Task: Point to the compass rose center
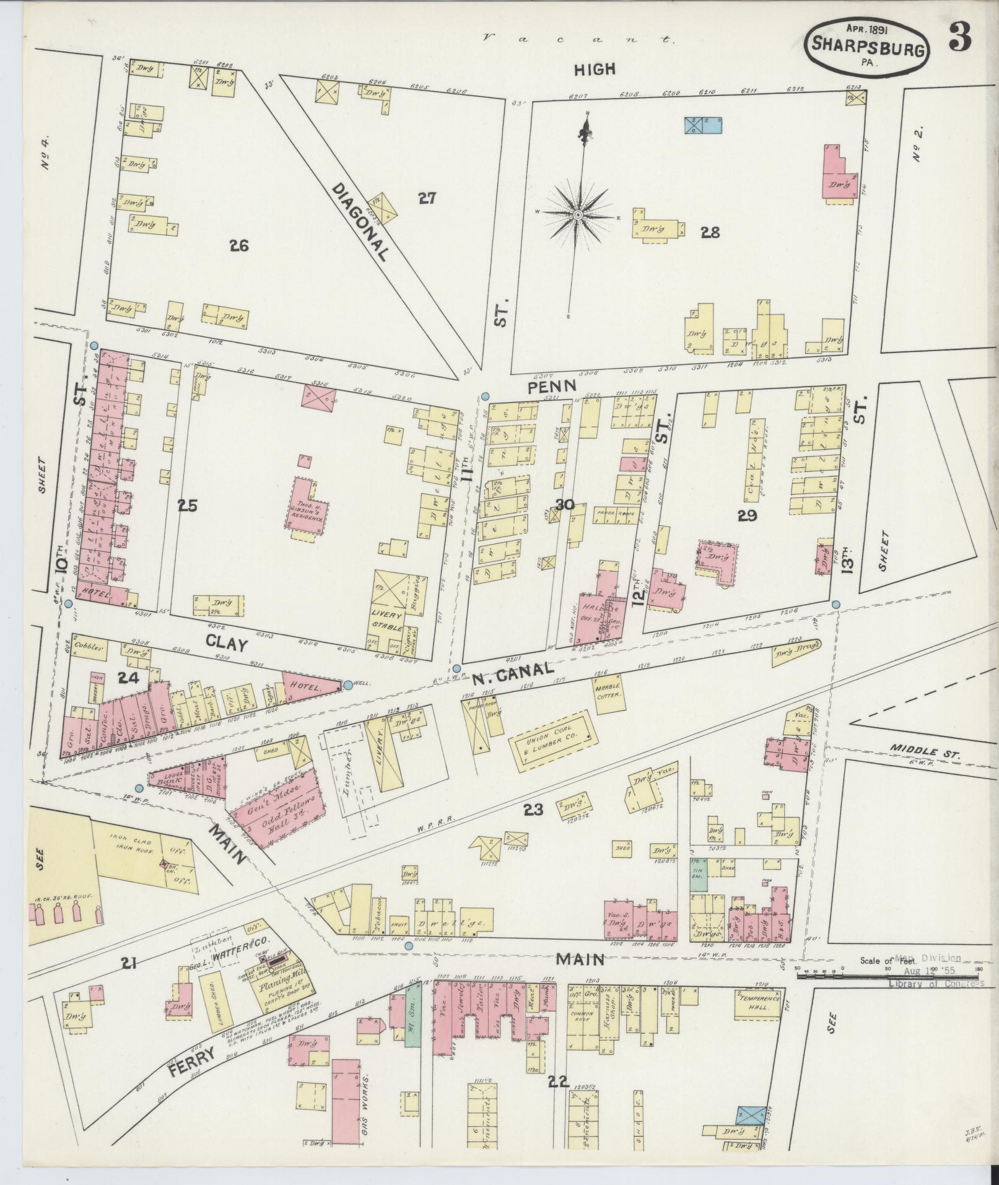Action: click(x=577, y=215)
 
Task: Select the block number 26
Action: click(x=238, y=246)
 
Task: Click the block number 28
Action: click(x=710, y=232)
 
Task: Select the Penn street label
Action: click(x=552, y=385)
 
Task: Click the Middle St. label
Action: click(x=924, y=754)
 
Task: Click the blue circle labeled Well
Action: click(x=347, y=684)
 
